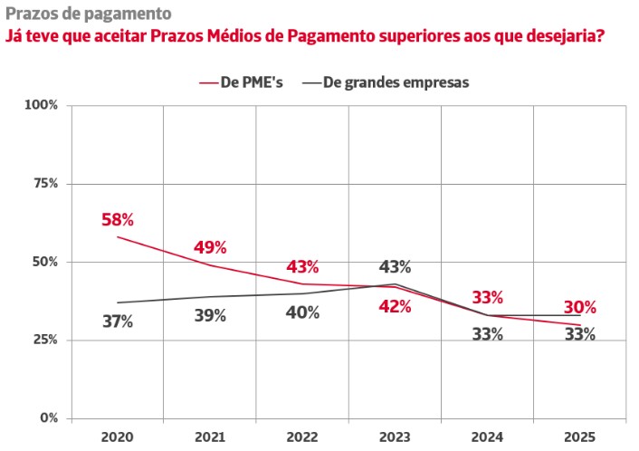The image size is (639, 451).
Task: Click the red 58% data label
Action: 118,219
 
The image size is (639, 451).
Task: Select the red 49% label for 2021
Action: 210,247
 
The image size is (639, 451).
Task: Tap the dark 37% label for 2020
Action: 118,321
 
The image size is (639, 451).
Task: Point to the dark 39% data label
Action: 210,316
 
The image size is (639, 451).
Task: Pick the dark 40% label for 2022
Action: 302,312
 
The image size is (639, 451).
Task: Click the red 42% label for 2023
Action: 395,306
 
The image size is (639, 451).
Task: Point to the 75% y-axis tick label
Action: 45,183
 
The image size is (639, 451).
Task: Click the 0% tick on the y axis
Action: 49,418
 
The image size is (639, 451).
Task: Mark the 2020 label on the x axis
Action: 118,437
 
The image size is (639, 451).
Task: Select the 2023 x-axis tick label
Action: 395,437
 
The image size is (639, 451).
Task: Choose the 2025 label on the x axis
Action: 578,437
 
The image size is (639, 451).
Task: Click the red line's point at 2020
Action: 118,237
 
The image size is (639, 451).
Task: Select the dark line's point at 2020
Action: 118,302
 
